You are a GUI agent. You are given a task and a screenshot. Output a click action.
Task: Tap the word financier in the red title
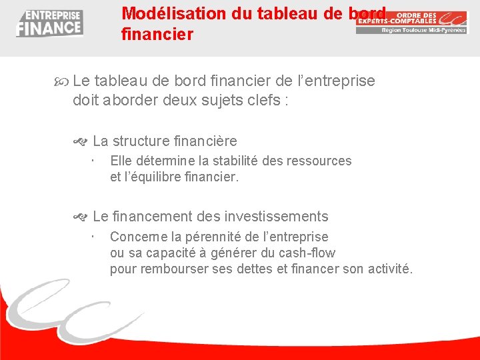click(x=157, y=34)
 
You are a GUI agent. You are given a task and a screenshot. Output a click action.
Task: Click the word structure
click(x=141, y=141)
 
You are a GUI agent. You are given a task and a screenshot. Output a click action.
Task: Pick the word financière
click(x=205, y=141)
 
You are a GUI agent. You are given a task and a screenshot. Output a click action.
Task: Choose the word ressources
click(x=319, y=161)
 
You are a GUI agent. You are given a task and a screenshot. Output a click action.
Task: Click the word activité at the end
click(x=390, y=269)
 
